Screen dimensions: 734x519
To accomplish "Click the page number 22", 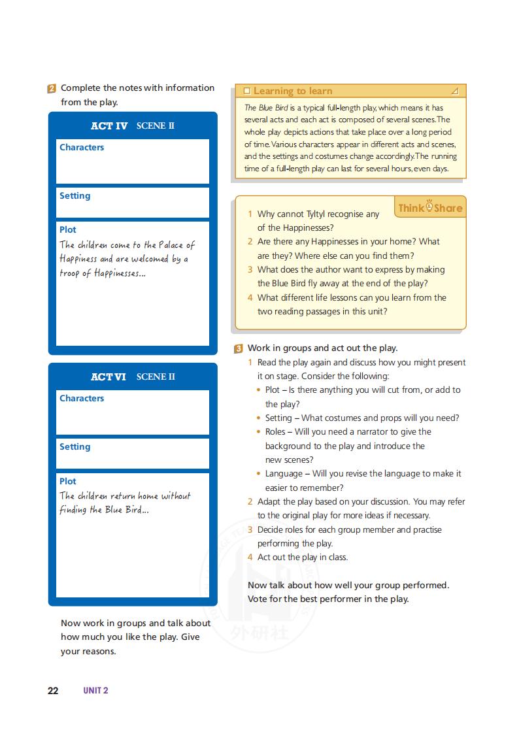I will tap(53, 691).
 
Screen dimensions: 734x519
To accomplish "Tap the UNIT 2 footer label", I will tap(95, 691).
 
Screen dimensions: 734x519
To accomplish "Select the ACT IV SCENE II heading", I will tap(133, 125).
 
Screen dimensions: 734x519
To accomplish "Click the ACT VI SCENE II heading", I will tap(133, 376).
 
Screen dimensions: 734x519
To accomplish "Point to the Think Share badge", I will tap(430, 208).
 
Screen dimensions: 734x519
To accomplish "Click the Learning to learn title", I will tap(293, 91).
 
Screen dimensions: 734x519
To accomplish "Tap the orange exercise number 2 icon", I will tap(52, 88).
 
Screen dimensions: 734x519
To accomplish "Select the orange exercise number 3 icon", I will tap(239, 348).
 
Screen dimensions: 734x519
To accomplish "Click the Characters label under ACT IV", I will tap(82, 147).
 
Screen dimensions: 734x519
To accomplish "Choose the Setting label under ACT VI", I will tap(75, 446).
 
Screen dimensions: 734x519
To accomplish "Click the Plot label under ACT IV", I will tap(68, 229).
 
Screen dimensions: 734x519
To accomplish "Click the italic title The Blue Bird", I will tap(265, 108).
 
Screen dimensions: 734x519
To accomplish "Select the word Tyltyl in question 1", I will tap(320, 214).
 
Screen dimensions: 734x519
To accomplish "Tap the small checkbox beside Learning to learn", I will tap(246, 91).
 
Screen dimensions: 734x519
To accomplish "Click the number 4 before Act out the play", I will tap(250, 558).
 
